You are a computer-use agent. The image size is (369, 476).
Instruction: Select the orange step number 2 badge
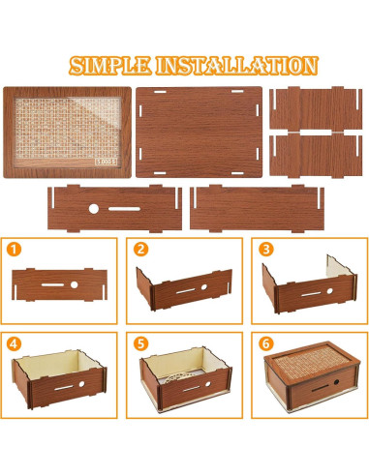(x=141, y=250)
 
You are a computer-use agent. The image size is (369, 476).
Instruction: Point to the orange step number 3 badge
(x=265, y=250)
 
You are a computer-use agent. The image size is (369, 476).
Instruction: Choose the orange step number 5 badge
(x=141, y=343)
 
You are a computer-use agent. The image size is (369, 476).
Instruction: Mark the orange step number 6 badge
(x=265, y=343)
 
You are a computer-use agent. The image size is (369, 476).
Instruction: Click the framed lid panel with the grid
(x=66, y=133)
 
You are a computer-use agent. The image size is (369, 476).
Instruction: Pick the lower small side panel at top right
(x=317, y=156)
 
